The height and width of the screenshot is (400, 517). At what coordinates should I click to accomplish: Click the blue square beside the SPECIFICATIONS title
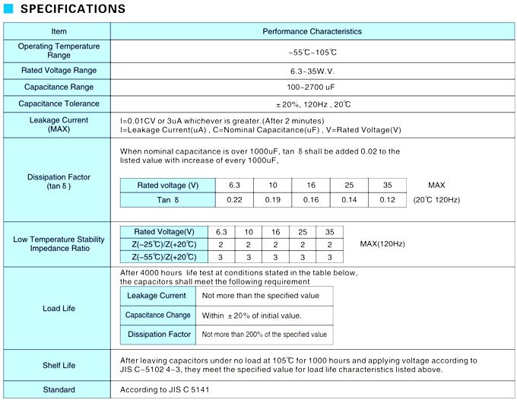8,10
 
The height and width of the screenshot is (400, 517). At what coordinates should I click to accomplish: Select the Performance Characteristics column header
312,31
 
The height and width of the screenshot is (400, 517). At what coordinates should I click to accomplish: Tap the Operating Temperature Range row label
59,51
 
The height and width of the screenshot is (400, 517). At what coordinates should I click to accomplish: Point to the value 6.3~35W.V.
312,70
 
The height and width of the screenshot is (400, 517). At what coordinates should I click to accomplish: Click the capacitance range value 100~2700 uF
312,87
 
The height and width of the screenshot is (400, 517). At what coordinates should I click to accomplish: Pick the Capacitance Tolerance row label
59,103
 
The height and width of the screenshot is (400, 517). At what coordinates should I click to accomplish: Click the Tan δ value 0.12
388,199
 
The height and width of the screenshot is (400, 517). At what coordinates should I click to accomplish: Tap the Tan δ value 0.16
311,199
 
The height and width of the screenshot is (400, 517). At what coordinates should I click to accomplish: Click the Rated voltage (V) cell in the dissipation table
167,186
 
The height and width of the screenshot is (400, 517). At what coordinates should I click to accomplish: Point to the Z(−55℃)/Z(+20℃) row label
164,257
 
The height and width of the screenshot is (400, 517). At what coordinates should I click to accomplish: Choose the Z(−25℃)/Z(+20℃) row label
164,244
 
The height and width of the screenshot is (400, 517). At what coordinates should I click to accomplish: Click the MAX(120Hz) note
382,244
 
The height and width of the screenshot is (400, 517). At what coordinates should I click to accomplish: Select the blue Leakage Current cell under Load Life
157,295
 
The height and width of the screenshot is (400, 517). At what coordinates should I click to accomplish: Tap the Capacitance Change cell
157,315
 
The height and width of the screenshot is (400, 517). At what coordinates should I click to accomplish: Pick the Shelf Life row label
59,365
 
